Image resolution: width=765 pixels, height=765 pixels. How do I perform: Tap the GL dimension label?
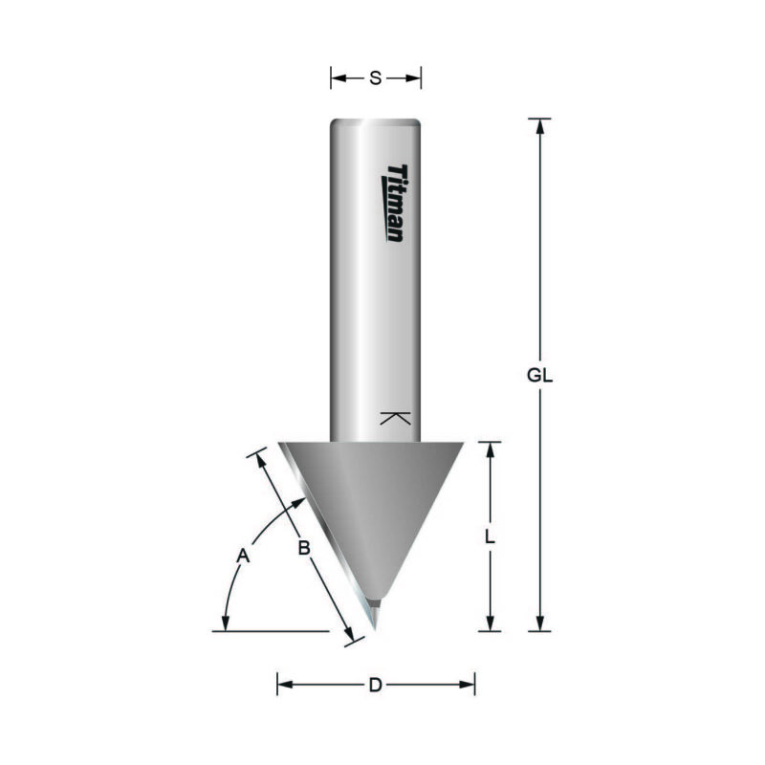(x=540, y=376)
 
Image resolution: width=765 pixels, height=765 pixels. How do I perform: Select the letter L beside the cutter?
(x=489, y=538)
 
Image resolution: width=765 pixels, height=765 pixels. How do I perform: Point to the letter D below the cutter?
(x=376, y=685)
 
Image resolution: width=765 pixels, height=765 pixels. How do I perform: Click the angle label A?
(x=243, y=555)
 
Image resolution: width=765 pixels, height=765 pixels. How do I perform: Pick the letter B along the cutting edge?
(x=302, y=548)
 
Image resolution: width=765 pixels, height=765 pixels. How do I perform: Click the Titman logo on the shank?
(x=393, y=202)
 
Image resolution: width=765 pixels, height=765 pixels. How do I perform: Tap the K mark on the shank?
(x=394, y=418)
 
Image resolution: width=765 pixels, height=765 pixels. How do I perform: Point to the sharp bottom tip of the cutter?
(x=377, y=628)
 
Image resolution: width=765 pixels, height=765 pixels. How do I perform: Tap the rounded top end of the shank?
(x=376, y=120)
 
